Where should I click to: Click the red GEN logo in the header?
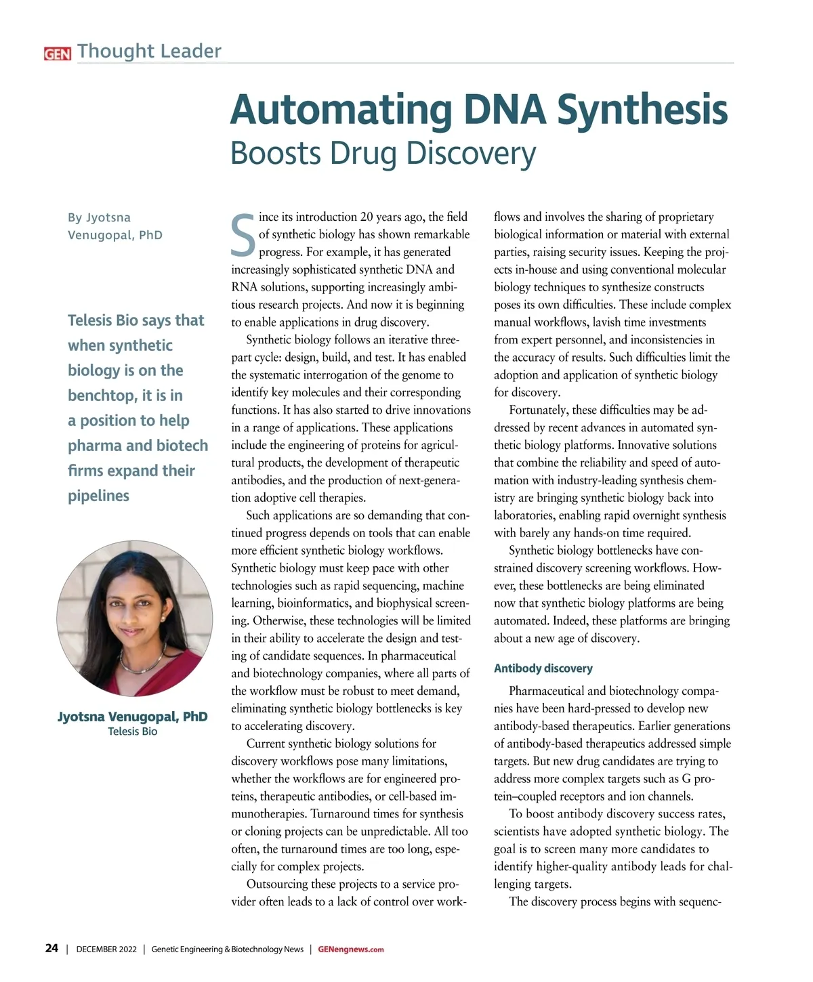57,54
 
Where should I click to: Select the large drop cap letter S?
243,236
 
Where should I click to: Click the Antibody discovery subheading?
543,668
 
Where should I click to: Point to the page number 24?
51,948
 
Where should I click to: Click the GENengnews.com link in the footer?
351,949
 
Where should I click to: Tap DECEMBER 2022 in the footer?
106,949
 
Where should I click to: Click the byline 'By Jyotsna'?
99,217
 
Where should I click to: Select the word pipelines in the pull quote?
98,496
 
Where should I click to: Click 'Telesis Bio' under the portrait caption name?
133,731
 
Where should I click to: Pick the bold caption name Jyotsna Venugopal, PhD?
133,717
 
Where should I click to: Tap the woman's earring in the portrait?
163,618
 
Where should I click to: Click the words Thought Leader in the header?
149,51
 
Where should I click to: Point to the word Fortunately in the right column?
539,410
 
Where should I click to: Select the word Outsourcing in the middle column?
278,884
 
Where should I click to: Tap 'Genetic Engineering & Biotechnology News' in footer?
227,949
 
